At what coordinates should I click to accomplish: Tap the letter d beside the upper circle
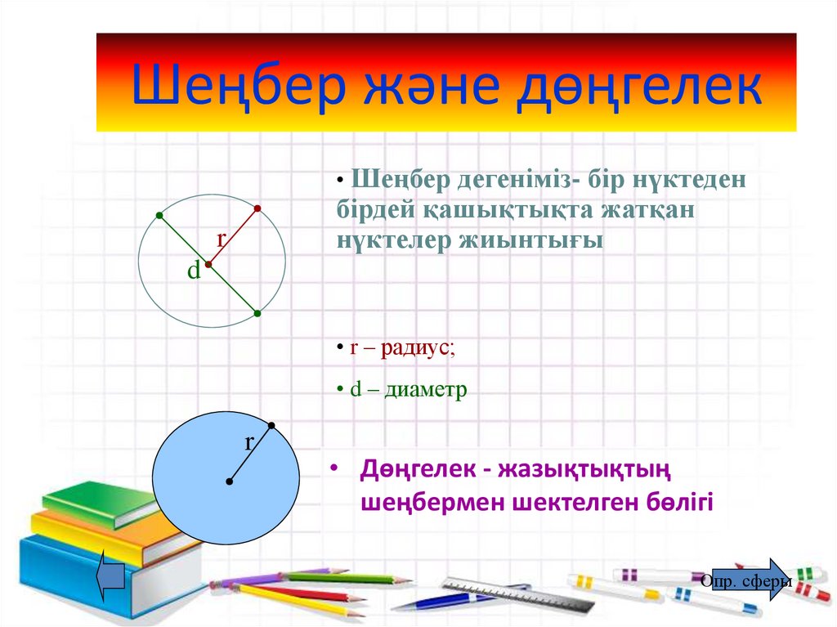click(194, 271)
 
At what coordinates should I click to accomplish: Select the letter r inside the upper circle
click(221, 240)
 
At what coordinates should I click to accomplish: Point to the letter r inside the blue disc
click(250, 443)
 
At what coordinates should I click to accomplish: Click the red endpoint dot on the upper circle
click(257, 209)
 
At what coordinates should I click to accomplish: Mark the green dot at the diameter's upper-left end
click(159, 216)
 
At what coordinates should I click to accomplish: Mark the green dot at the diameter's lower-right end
click(257, 313)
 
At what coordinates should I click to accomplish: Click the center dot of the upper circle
click(208, 265)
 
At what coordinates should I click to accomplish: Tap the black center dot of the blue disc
click(229, 481)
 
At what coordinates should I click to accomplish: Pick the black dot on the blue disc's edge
click(271, 425)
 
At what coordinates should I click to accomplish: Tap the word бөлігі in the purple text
click(675, 501)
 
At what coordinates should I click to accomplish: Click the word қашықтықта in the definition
click(493, 210)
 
